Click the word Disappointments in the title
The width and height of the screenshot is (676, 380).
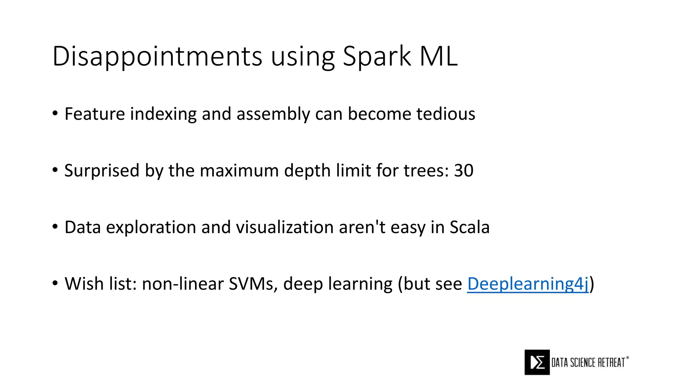click(x=157, y=57)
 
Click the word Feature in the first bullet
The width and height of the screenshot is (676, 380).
click(x=95, y=114)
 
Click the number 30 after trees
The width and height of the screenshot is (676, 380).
click(x=464, y=171)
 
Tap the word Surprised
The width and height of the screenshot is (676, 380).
click(x=102, y=171)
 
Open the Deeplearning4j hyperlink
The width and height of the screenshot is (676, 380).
click(x=528, y=284)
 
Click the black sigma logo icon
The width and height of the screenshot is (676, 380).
click(x=537, y=362)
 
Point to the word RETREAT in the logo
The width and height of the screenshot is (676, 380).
click(x=611, y=363)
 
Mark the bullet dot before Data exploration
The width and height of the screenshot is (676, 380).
click(x=55, y=227)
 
